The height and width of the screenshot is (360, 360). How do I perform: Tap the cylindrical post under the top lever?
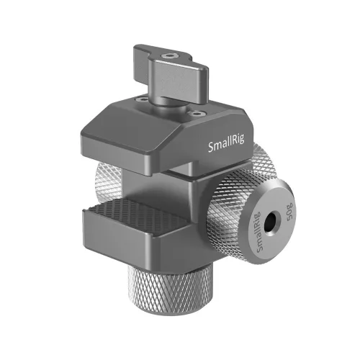pos(173,94)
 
